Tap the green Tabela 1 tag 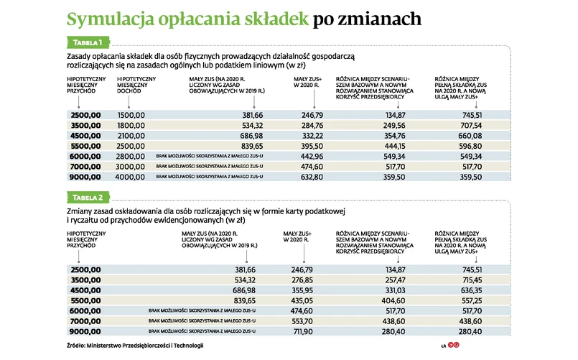88,42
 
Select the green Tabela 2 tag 89,197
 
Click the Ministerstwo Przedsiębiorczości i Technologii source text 147,346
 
